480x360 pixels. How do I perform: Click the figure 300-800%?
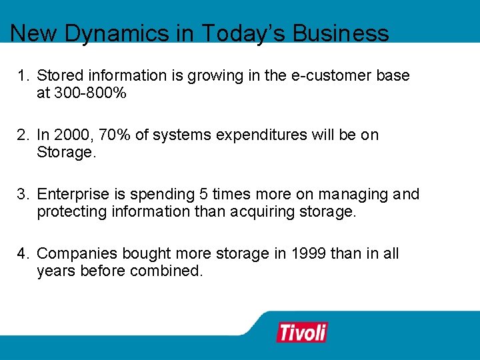click(x=81, y=93)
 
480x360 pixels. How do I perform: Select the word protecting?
click(x=72, y=212)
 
